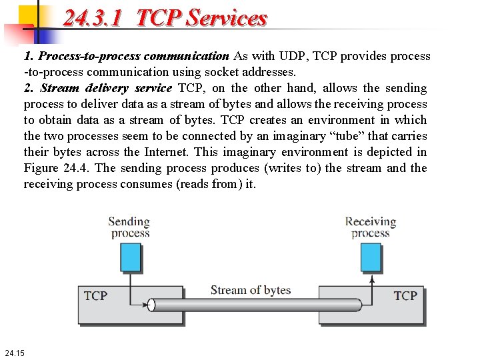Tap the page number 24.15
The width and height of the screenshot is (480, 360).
point(14,352)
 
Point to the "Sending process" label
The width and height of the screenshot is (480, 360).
point(129,227)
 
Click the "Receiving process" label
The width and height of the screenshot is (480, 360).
point(371,227)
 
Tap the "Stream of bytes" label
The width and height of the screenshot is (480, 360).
point(251,290)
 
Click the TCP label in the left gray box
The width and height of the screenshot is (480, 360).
point(95,295)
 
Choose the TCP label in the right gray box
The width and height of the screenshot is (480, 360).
point(405,295)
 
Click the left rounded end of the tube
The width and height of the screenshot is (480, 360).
point(151,305)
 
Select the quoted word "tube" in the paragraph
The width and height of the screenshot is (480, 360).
point(347,136)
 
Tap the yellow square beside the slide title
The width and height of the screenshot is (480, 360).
point(28,15)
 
